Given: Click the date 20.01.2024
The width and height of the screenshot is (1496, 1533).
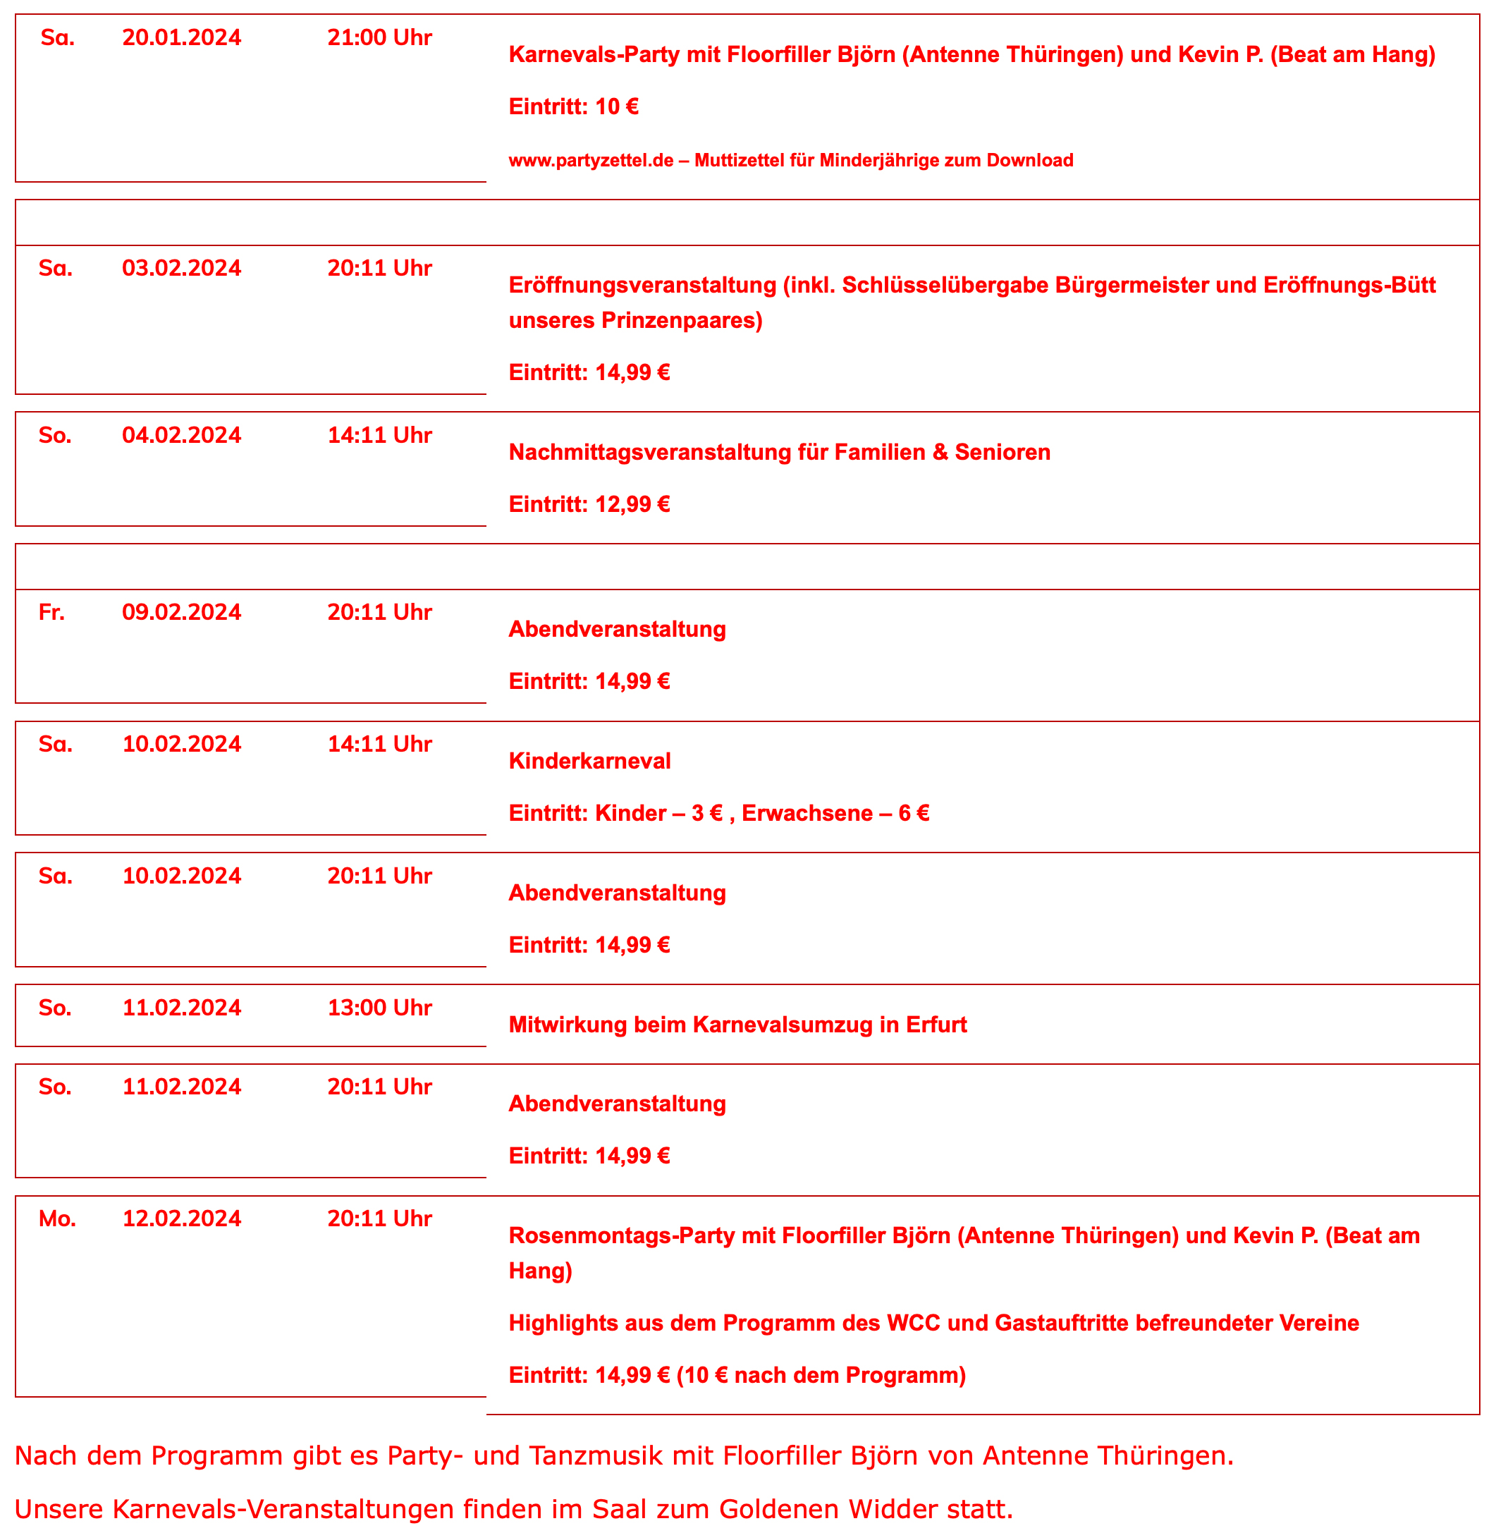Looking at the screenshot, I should [181, 37].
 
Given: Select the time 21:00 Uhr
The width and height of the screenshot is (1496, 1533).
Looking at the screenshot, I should [379, 37].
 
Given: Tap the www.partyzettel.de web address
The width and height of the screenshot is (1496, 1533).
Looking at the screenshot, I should [591, 160].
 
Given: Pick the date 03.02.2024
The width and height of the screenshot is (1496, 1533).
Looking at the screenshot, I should [181, 268].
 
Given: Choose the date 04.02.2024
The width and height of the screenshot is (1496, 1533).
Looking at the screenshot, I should [181, 435].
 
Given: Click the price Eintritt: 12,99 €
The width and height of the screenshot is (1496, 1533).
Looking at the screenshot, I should [589, 503].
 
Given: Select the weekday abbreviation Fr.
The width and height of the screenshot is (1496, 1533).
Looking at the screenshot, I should [52, 612].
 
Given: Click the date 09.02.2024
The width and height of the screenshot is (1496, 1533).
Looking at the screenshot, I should [181, 612].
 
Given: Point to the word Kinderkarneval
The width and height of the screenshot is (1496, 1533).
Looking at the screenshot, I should [589, 761].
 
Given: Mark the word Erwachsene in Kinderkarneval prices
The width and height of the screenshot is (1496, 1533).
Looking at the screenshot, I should [807, 812].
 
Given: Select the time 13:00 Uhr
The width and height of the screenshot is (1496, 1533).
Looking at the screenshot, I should [379, 1008].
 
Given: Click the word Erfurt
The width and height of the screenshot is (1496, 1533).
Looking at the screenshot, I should [936, 1025].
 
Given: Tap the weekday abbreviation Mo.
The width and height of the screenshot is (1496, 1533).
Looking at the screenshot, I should [57, 1219].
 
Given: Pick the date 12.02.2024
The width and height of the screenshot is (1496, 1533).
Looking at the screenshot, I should [181, 1219].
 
